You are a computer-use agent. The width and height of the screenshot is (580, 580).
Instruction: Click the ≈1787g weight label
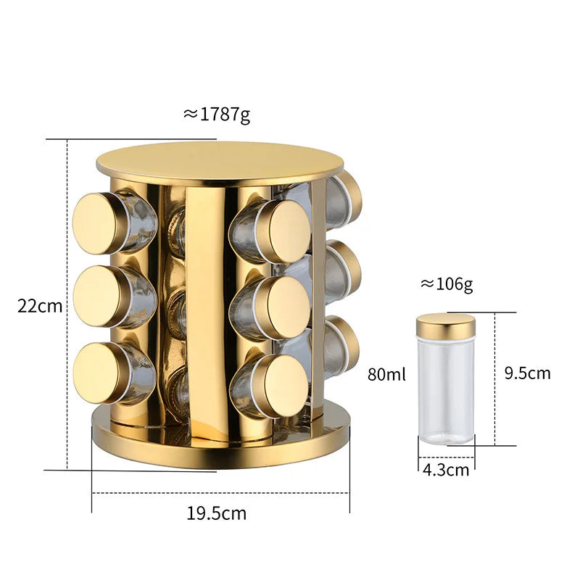[x=217, y=114]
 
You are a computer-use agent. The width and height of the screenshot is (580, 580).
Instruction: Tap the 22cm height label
[x=40, y=305]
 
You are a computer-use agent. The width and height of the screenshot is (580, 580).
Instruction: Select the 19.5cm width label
[x=217, y=514]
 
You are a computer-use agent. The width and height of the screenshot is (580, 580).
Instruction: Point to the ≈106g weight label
[x=447, y=284]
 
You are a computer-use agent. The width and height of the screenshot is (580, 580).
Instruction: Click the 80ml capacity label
[x=386, y=375]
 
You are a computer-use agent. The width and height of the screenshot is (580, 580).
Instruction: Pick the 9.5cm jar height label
[x=527, y=373]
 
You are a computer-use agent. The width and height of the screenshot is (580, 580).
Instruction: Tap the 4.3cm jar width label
[x=445, y=469]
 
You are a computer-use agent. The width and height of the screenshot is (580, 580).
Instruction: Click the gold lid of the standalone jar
[x=445, y=326]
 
